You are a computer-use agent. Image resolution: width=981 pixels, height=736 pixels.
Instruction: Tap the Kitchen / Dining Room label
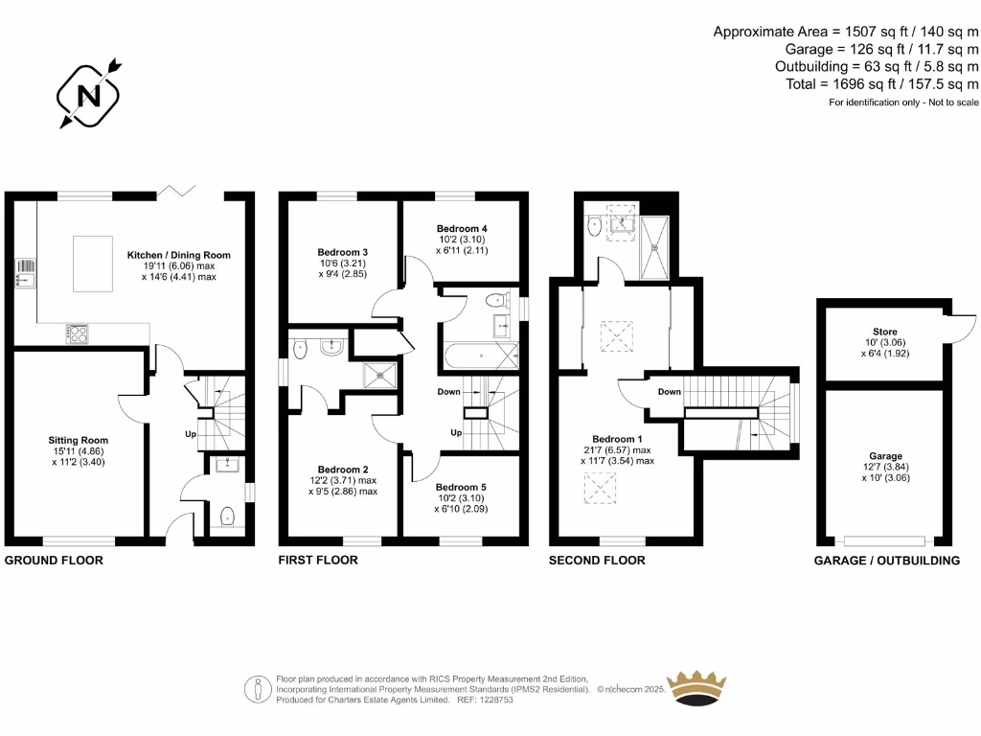(x=179, y=255)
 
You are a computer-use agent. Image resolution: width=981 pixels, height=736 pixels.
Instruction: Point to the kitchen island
(x=95, y=262)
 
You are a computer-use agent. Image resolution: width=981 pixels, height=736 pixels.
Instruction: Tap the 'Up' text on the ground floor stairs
(x=190, y=433)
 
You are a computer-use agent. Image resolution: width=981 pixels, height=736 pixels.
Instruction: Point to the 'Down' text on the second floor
(x=670, y=392)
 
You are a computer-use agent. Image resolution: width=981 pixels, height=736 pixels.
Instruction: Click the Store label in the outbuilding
(x=885, y=332)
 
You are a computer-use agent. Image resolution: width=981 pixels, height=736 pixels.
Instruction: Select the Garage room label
(x=886, y=456)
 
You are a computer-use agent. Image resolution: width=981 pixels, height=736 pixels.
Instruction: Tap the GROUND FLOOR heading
(x=54, y=560)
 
